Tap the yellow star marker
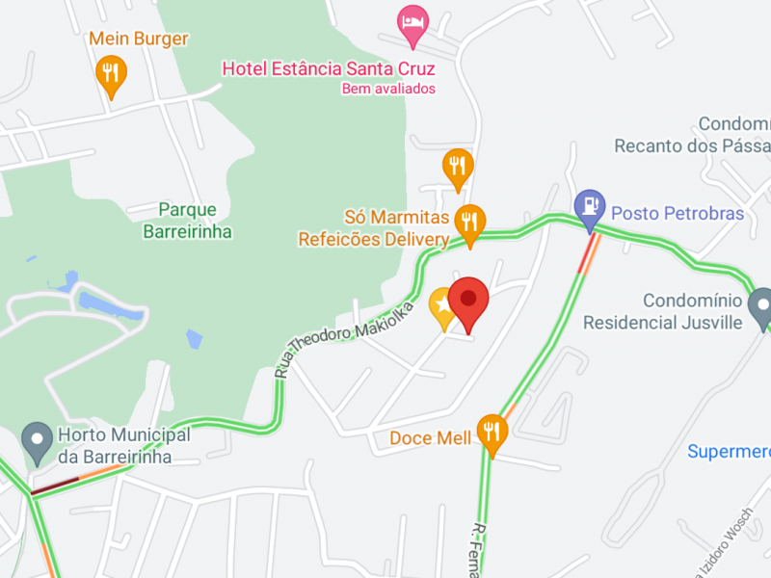click(442, 305)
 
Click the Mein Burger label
click(139, 39)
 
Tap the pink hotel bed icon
click(412, 22)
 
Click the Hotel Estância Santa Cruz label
click(329, 68)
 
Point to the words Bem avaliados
click(388, 89)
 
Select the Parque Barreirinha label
click(187, 221)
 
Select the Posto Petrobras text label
click(678, 213)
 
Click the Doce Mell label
click(430, 438)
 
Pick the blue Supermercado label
click(730, 451)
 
